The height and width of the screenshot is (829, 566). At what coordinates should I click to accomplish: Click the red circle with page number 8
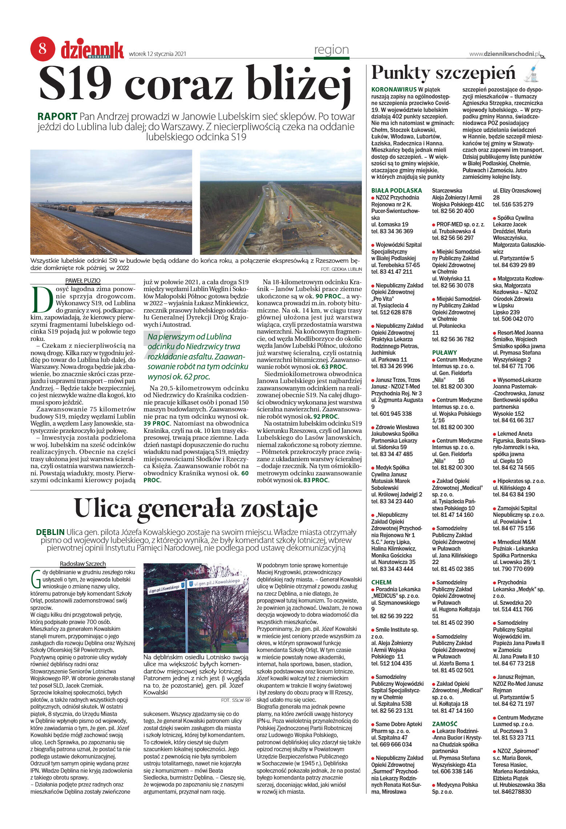(x=43, y=48)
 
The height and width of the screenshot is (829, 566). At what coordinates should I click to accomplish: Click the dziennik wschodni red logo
(x=92, y=50)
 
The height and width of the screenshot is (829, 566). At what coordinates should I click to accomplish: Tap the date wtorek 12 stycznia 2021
(x=158, y=54)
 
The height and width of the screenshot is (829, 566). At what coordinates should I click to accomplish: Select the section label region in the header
(x=331, y=49)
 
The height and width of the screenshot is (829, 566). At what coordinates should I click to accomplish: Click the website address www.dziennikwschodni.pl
(x=505, y=54)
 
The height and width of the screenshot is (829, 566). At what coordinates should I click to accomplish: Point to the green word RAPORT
(x=57, y=117)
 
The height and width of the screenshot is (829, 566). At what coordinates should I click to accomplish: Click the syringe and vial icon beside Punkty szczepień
(x=531, y=71)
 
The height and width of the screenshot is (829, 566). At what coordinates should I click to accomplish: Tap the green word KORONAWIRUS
(x=394, y=89)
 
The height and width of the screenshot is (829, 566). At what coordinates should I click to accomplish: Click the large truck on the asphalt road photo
(x=104, y=211)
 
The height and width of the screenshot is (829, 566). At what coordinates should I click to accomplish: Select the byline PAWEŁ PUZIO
(x=83, y=281)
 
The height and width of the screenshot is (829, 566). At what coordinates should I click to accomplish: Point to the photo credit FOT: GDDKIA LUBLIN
(x=341, y=269)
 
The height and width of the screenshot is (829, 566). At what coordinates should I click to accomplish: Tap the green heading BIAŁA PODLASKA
(x=396, y=190)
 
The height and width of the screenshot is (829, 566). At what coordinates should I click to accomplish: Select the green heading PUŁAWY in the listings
(x=444, y=352)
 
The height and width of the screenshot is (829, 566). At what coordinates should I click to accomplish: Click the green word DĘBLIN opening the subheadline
(x=50, y=532)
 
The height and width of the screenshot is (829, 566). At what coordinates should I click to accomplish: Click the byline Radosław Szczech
(x=83, y=564)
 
